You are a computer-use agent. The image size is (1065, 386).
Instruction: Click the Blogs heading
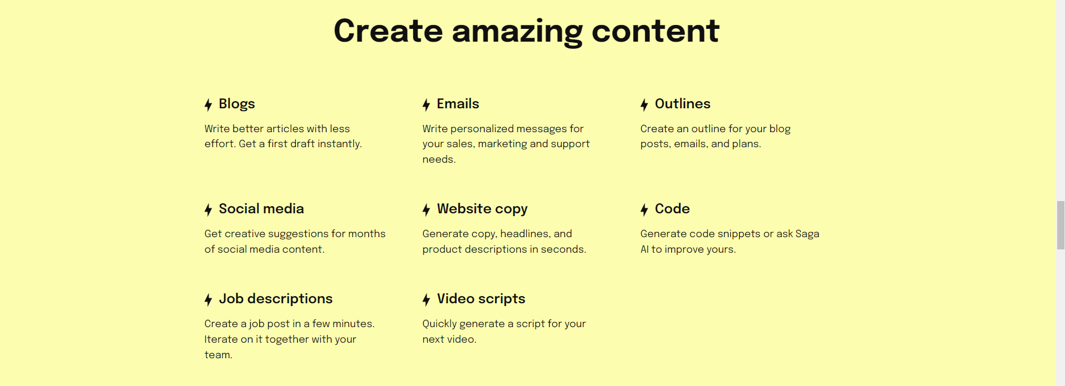pyautogui.click(x=236, y=104)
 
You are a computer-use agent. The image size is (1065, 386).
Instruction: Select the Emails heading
pyautogui.click(x=458, y=104)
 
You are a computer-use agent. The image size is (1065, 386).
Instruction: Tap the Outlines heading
pyautogui.click(x=682, y=104)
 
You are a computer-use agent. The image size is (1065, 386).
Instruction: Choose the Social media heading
pyautogui.click(x=261, y=209)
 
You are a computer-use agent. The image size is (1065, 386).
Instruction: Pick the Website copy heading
pyautogui.click(x=482, y=209)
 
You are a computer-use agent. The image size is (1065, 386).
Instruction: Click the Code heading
pyautogui.click(x=672, y=209)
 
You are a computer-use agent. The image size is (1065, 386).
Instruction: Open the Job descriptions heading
pyautogui.click(x=275, y=299)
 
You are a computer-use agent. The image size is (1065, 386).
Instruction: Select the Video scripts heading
pyautogui.click(x=481, y=299)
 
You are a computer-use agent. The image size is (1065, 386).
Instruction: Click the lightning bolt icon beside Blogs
pyautogui.click(x=208, y=104)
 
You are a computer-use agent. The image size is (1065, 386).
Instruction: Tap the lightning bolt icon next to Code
pyautogui.click(x=644, y=209)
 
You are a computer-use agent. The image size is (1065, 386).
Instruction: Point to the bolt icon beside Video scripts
pyautogui.click(x=426, y=300)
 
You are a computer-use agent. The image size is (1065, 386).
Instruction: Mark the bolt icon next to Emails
pyautogui.click(x=426, y=104)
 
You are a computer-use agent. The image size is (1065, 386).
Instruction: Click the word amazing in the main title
pyautogui.click(x=517, y=32)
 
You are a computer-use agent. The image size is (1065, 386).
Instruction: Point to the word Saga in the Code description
pyautogui.click(x=807, y=234)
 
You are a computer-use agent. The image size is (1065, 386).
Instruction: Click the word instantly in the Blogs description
pyautogui.click(x=339, y=144)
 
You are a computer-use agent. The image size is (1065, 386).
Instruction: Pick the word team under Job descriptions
pyautogui.click(x=218, y=355)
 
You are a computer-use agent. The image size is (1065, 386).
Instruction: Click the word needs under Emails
pyautogui.click(x=439, y=159)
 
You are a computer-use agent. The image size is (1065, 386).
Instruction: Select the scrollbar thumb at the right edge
pyautogui.click(x=1061, y=225)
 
